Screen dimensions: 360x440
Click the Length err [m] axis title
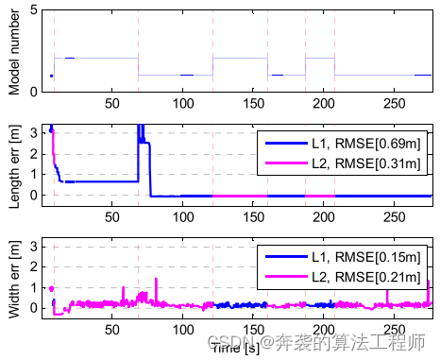pyautogui.click(x=13, y=162)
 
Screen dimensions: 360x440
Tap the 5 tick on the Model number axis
pyautogui.click(x=35, y=9)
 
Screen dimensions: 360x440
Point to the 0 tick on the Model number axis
pyautogui.click(x=35, y=92)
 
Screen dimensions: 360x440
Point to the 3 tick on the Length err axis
pyautogui.click(x=35, y=131)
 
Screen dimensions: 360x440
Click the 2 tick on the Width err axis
pyautogui.click(x=35, y=266)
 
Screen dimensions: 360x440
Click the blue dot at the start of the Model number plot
pyautogui.click(x=51, y=76)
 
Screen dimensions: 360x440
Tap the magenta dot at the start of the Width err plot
pyautogui.click(x=51, y=289)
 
